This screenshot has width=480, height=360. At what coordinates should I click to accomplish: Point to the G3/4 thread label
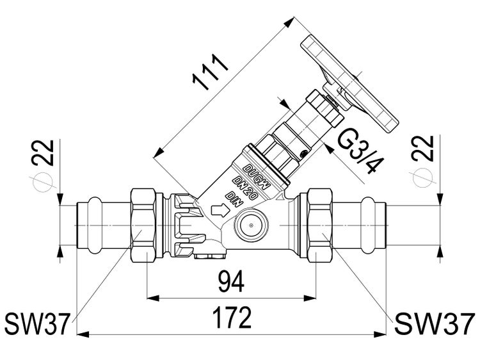coord(358,154)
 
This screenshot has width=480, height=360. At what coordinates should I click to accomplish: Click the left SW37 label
coord(36,324)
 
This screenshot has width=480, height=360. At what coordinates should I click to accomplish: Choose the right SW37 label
coord(435,324)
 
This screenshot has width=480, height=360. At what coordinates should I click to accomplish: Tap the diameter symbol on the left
coord(44,180)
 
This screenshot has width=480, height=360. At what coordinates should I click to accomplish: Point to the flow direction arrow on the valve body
coord(219,209)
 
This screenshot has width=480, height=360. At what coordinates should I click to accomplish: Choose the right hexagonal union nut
coord(317,224)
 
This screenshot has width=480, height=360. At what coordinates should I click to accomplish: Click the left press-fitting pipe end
coord(96,224)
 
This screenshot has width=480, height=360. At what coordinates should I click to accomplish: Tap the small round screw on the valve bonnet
coord(304,152)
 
